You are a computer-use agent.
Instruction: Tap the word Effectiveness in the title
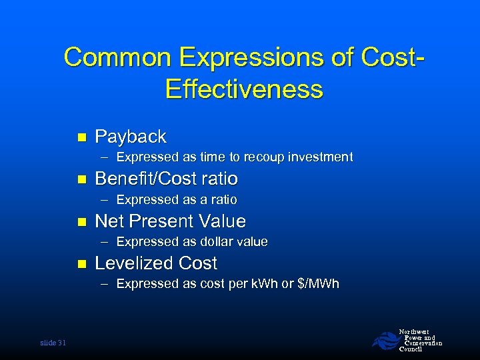point(244,89)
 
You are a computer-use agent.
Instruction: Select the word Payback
point(131,137)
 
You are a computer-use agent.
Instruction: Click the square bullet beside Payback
point(82,137)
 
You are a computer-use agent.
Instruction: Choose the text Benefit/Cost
point(148,179)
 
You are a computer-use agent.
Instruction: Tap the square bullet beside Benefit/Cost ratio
point(82,179)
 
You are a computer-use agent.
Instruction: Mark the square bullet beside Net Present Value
point(82,221)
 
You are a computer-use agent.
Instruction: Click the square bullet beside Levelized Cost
point(82,264)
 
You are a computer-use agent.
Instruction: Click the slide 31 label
point(53,343)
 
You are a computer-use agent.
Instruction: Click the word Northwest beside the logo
point(413,331)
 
